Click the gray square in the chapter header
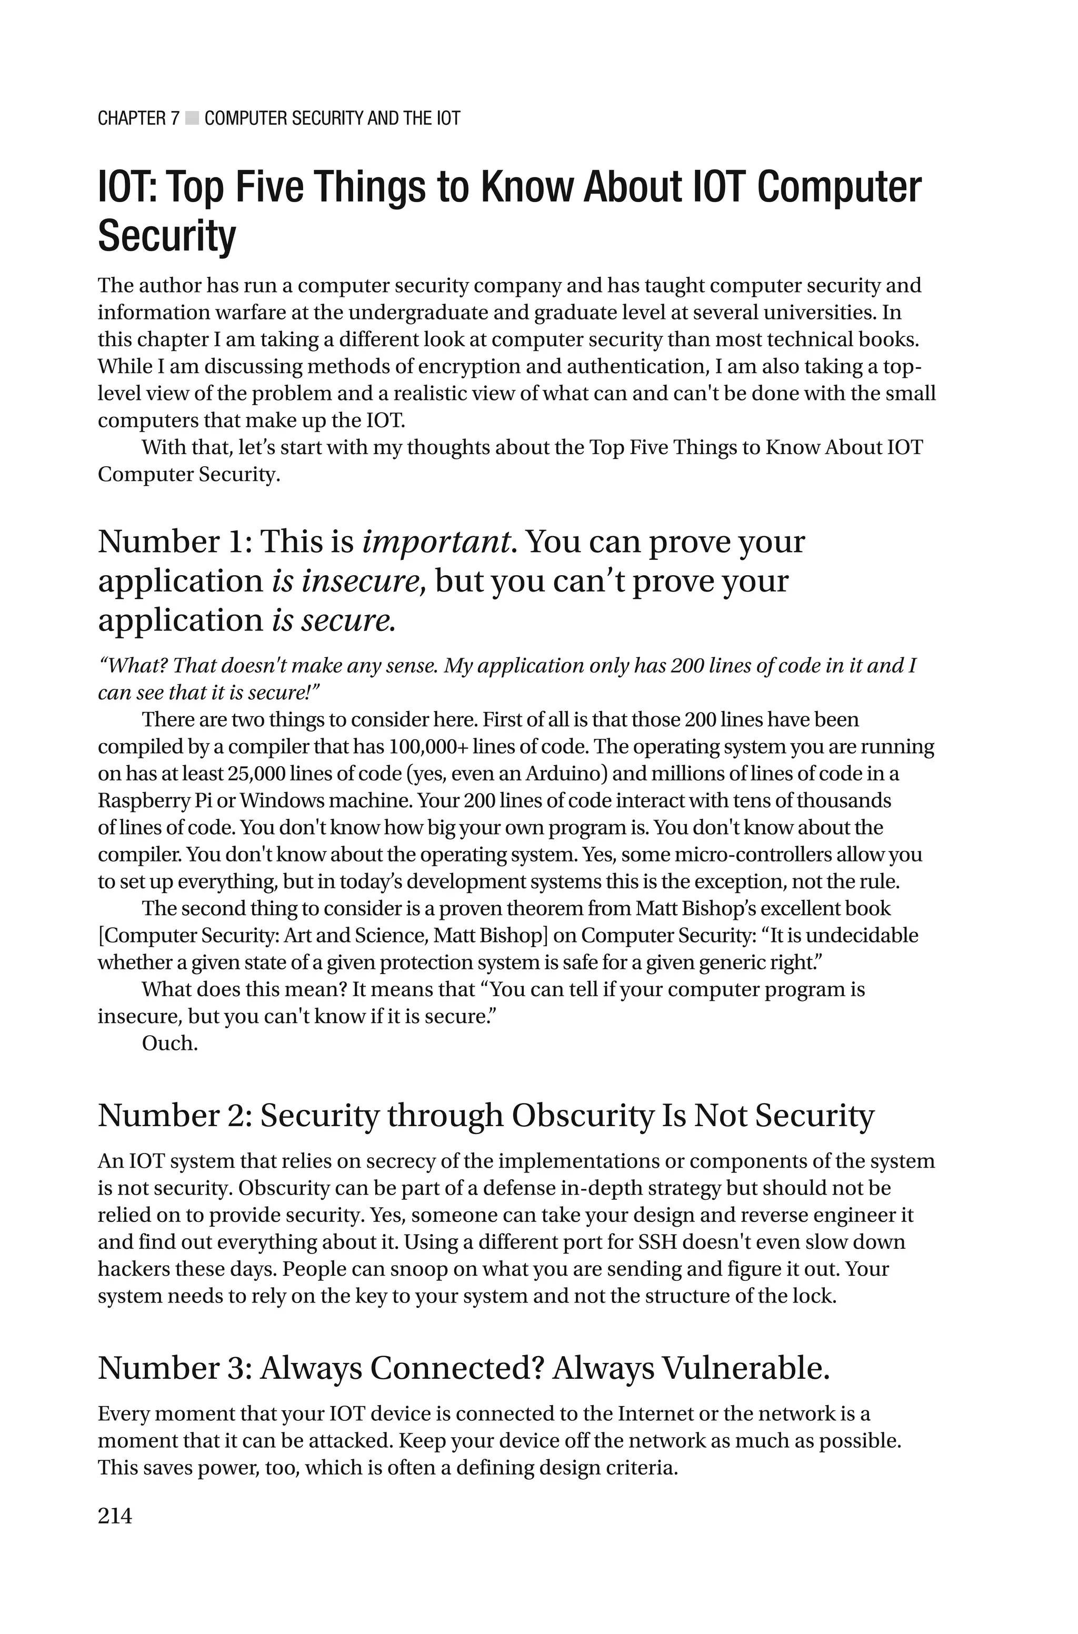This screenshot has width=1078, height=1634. click(x=192, y=118)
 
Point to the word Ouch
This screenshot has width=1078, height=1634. click(x=169, y=1043)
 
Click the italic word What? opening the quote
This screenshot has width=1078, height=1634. click(x=133, y=665)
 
